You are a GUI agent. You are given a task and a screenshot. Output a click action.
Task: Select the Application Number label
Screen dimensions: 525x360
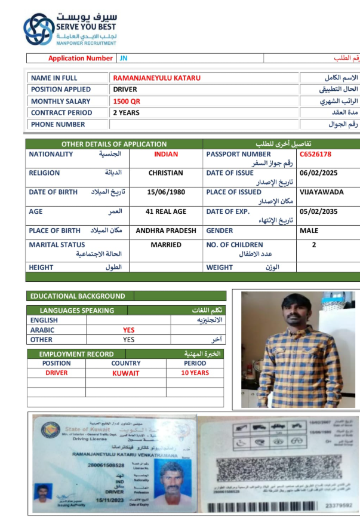80,58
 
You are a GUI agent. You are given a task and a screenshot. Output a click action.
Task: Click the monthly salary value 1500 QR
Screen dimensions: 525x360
127,101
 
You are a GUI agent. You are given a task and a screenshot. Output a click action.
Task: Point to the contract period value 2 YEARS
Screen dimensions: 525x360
127,112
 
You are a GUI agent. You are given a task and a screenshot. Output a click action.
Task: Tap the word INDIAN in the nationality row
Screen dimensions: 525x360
166,154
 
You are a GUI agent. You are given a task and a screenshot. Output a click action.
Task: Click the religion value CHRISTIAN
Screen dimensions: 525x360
166,173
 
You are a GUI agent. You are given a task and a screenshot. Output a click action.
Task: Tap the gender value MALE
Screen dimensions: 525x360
309,231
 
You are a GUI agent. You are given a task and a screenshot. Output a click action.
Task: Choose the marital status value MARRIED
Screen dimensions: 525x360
166,245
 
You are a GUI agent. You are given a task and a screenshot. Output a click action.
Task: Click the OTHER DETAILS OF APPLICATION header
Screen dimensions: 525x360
114,144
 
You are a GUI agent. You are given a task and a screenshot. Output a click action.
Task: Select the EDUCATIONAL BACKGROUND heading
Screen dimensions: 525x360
78,296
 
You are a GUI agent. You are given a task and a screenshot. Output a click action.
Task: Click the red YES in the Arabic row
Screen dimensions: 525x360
129,330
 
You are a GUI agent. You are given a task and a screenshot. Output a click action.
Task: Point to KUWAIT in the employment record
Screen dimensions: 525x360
126,373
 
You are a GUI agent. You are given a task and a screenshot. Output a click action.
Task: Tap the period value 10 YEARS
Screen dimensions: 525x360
195,373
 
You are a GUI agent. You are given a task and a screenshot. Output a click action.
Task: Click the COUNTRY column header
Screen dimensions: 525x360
126,363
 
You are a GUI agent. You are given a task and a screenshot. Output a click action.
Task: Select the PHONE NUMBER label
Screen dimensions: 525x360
58,124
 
